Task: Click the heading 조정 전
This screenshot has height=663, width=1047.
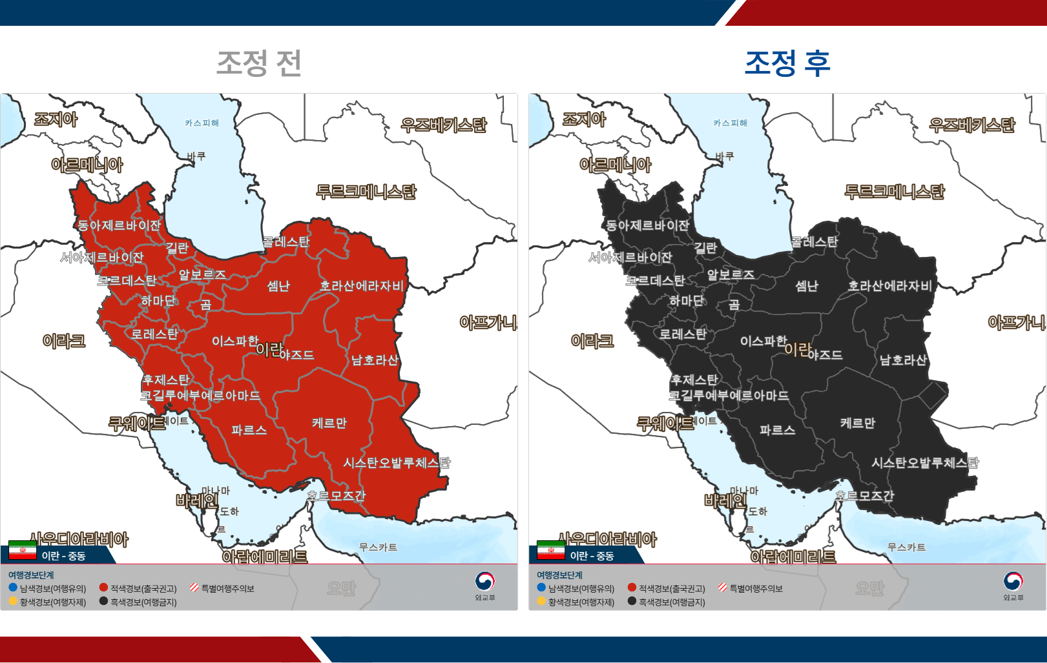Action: [x=259, y=63]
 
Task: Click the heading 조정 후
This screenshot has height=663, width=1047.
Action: [x=787, y=63]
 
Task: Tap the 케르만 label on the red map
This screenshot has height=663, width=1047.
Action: [x=329, y=423]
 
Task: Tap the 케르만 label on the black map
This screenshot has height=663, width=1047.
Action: [x=858, y=423]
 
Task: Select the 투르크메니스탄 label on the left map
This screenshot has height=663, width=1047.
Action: [x=366, y=192]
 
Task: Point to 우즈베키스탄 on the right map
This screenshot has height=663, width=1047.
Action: [x=972, y=125]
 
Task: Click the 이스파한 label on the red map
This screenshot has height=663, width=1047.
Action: [x=235, y=341]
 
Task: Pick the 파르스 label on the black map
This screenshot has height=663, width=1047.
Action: [x=778, y=430]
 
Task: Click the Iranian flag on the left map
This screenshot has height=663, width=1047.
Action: [x=23, y=550]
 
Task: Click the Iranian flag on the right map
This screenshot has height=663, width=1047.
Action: [x=551, y=550]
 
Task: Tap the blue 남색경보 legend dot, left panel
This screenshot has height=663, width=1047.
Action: [x=13, y=587]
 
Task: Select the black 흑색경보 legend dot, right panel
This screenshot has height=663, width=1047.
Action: [x=632, y=601]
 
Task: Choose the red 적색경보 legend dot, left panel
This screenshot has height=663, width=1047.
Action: [x=103, y=587]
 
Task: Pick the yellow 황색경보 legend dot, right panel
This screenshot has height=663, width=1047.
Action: [x=541, y=601]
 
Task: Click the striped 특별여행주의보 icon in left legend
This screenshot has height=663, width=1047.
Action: [x=194, y=587]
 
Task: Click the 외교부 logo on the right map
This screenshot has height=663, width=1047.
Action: [x=1013, y=583]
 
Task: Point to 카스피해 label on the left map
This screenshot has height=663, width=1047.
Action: [x=202, y=123]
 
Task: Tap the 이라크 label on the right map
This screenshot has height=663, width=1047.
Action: [x=592, y=341]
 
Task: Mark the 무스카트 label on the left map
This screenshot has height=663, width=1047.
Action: [x=378, y=547]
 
